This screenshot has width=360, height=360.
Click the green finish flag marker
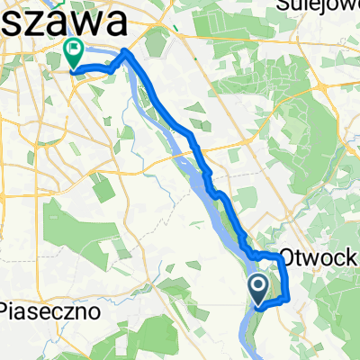pos(73,53)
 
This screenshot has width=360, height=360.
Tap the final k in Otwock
pos(354,257)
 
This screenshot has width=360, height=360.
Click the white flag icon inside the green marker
pos(73,49)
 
